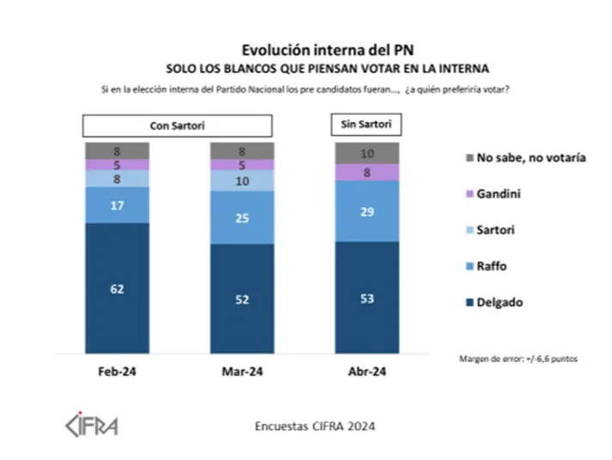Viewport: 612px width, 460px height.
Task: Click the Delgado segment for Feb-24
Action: click(x=117, y=288)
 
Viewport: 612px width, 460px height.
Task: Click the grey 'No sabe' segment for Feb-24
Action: click(x=117, y=150)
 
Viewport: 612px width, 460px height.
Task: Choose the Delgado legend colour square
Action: click(x=469, y=302)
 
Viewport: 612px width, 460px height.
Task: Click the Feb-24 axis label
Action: click(x=117, y=373)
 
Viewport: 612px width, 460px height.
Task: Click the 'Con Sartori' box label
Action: click(x=177, y=126)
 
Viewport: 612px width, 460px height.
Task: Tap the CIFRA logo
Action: click(x=92, y=425)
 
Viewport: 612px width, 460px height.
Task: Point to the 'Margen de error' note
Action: click(x=518, y=358)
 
